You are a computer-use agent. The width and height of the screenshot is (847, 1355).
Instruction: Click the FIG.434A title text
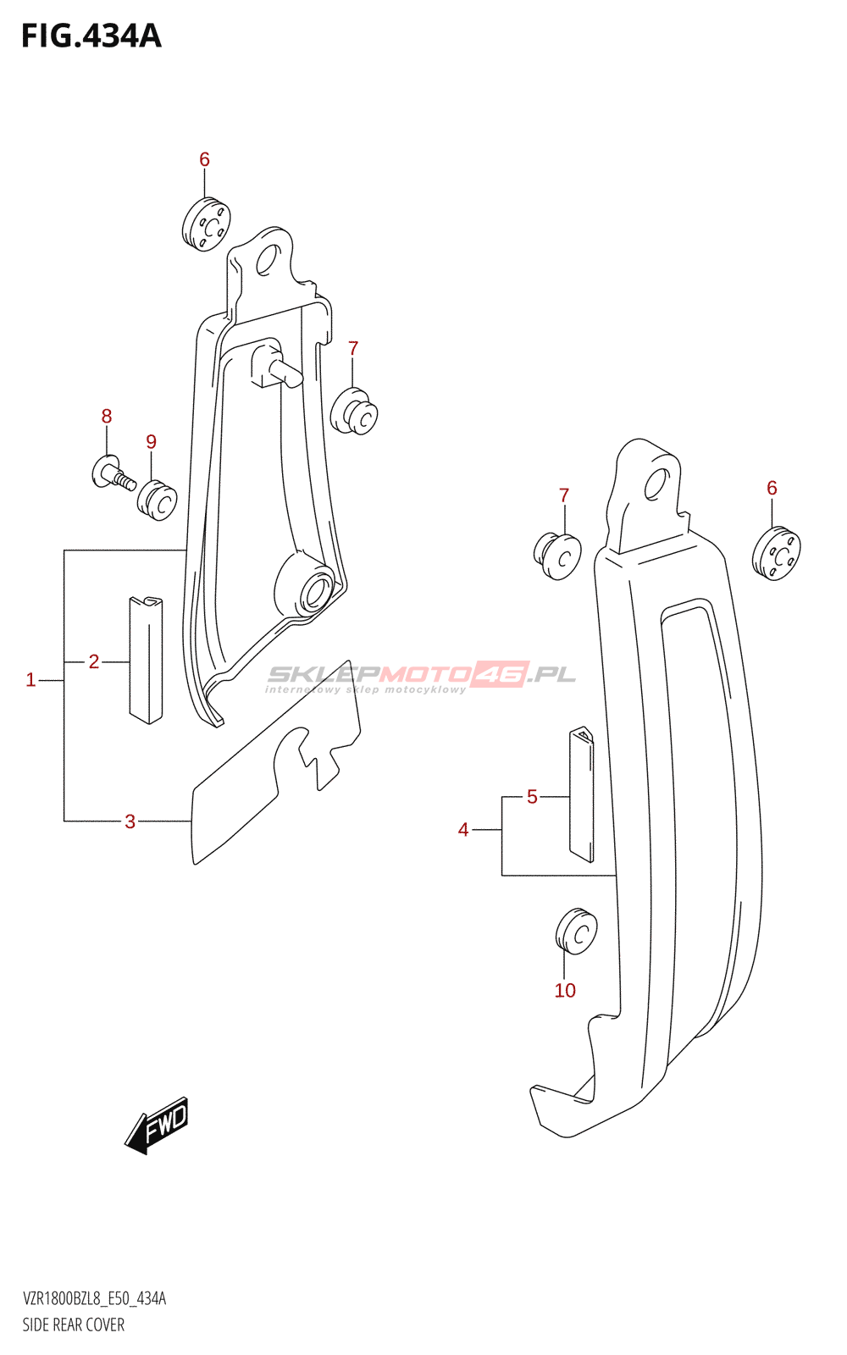click(91, 36)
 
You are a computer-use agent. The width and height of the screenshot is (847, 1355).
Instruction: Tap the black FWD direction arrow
click(158, 1125)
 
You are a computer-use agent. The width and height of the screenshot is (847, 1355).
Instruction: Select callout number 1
click(30, 680)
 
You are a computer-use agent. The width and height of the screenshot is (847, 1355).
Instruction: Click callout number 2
click(94, 661)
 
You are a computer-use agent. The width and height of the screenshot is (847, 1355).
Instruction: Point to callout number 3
click(130, 821)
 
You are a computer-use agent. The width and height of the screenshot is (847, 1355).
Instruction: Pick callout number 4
click(463, 830)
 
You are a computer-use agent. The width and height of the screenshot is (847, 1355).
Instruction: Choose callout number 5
click(532, 797)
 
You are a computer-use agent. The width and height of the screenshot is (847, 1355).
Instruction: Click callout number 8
click(107, 416)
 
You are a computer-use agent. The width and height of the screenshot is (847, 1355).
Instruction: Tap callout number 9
click(151, 441)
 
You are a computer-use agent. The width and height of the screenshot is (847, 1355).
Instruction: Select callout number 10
click(565, 991)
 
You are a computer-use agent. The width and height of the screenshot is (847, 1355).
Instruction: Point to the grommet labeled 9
click(157, 501)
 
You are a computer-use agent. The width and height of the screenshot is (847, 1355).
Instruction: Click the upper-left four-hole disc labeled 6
click(206, 224)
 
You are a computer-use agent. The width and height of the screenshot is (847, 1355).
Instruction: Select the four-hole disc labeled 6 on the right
click(775, 554)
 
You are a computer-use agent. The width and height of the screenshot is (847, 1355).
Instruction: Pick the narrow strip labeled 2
click(146, 661)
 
